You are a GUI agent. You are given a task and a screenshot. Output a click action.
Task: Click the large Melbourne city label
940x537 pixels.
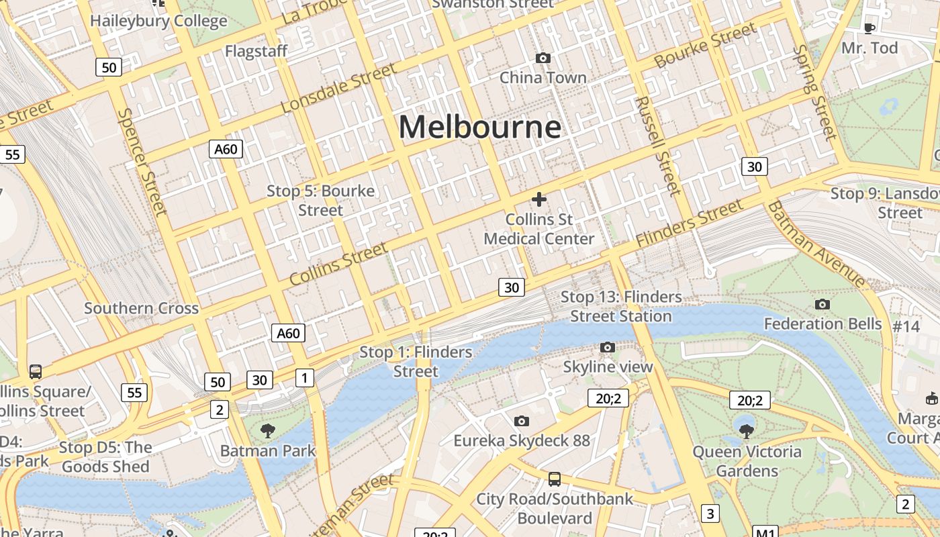click(479, 127)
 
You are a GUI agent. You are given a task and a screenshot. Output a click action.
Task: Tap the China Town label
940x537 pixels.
click(543, 78)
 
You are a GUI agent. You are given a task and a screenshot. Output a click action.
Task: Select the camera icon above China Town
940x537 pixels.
click(543, 58)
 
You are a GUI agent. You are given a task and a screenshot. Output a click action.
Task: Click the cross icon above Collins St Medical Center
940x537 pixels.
click(538, 199)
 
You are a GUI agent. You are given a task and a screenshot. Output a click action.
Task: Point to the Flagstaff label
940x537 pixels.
click(256, 51)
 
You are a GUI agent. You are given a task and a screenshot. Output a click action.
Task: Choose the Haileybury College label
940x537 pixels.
click(158, 21)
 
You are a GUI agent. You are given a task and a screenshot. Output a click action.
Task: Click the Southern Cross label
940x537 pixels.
click(141, 309)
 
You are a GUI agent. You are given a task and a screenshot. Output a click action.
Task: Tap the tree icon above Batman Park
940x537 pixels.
click(267, 430)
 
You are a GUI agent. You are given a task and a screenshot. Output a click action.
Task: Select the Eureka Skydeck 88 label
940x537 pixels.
click(522, 441)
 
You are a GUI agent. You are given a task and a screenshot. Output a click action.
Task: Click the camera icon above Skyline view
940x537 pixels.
click(608, 347)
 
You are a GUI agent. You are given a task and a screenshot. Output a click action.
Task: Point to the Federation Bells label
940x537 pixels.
click(822, 324)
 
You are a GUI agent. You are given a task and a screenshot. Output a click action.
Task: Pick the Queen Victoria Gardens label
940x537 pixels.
click(747, 461)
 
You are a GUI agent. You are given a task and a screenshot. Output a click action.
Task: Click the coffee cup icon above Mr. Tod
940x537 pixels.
click(869, 28)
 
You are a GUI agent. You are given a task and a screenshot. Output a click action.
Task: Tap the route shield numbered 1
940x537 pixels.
click(305, 378)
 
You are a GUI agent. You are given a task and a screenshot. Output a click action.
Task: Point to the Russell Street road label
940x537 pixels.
click(658, 146)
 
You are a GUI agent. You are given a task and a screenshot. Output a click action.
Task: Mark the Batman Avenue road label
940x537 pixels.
click(815, 244)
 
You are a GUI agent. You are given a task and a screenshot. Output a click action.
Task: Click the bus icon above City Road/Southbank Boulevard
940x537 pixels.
click(554, 479)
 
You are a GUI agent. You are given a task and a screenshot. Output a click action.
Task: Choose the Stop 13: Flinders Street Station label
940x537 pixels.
click(620, 306)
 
